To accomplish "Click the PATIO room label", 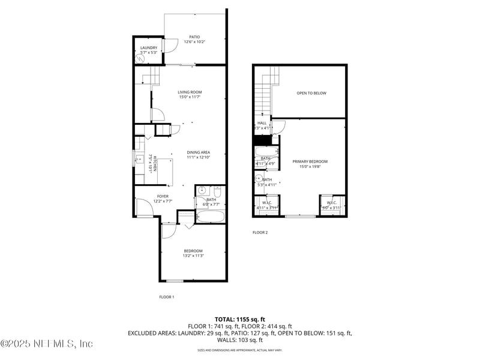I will coord(194,37).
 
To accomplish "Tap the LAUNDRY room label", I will coord(149,48).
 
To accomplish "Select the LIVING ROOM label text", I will coord(190,92).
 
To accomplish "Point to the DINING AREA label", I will coord(198,152).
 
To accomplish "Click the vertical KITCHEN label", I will coord(155,164).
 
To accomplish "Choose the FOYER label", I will coord(163,196).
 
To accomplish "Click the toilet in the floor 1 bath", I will coord(217,192).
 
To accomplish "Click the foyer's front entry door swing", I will coord(144,208).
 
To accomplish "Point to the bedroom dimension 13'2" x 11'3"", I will coord(193,256).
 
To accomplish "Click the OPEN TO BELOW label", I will coord(311,93).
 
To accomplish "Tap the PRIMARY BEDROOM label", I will coord(310,161).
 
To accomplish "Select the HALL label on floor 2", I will coord(262,123).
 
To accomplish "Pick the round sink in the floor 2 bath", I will coord(259,179).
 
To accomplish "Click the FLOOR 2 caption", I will coord(260,232).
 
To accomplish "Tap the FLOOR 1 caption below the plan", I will coord(166,297).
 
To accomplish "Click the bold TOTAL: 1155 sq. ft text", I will coord(240,319).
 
